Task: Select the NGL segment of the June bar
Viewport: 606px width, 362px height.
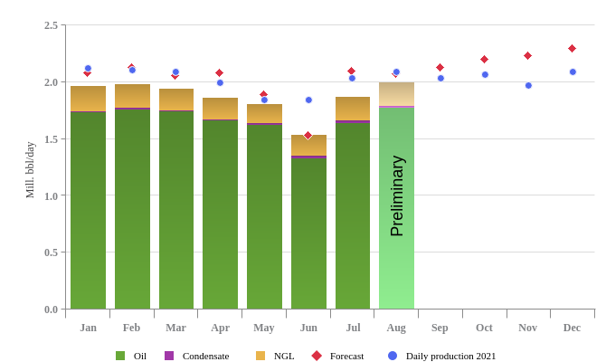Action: pos(308,145)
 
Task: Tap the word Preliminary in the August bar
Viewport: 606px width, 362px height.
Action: pos(396,195)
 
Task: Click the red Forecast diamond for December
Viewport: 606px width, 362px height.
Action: pos(572,48)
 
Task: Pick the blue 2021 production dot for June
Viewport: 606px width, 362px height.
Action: pos(308,100)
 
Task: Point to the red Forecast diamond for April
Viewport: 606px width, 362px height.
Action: pos(219,72)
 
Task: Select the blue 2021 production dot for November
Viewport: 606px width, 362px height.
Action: pos(528,85)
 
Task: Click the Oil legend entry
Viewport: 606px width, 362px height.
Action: pos(132,356)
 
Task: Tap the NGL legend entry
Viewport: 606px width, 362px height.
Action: pos(276,356)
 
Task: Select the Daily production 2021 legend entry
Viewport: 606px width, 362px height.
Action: pos(442,356)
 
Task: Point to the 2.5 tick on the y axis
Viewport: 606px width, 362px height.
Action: pos(51,25)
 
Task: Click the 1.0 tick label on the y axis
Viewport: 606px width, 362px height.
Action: pos(51,195)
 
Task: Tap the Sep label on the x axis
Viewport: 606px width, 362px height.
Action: pos(440,328)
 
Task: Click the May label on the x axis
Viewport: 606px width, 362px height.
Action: pos(264,328)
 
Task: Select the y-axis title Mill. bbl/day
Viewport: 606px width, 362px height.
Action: pos(30,170)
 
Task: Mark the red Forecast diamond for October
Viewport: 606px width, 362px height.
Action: pos(484,59)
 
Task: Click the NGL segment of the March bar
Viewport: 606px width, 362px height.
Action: pos(176,100)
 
